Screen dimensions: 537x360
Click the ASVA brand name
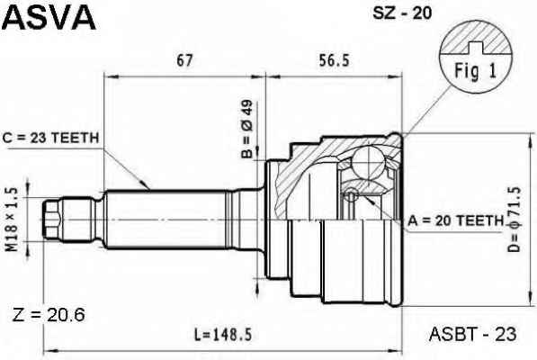coord(49,17)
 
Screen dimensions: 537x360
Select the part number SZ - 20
coord(402,13)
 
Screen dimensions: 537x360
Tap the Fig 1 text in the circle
coord(475,72)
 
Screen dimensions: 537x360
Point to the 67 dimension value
coord(185,61)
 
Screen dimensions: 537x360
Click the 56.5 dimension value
coord(334,60)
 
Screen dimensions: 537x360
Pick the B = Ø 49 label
coord(247,129)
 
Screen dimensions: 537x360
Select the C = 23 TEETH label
coord(50,138)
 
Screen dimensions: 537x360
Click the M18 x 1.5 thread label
coord(13,220)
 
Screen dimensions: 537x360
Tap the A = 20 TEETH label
coord(455,220)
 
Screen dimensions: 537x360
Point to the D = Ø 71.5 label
coord(514,220)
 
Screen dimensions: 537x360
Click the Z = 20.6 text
coord(49,316)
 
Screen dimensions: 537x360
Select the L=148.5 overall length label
coord(223,335)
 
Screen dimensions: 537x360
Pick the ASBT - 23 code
coord(472,334)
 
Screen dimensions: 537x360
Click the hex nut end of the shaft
coord(52,220)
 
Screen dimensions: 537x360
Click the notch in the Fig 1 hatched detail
coord(476,49)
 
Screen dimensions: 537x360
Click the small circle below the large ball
coord(351,195)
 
